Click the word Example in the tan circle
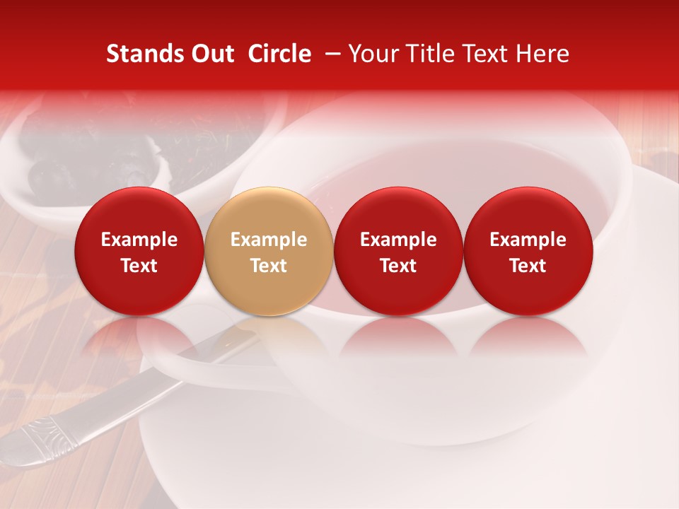(269, 240)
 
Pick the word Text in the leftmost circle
(139, 266)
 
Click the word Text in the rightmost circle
(528, 266)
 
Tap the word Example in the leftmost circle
(139, 240)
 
